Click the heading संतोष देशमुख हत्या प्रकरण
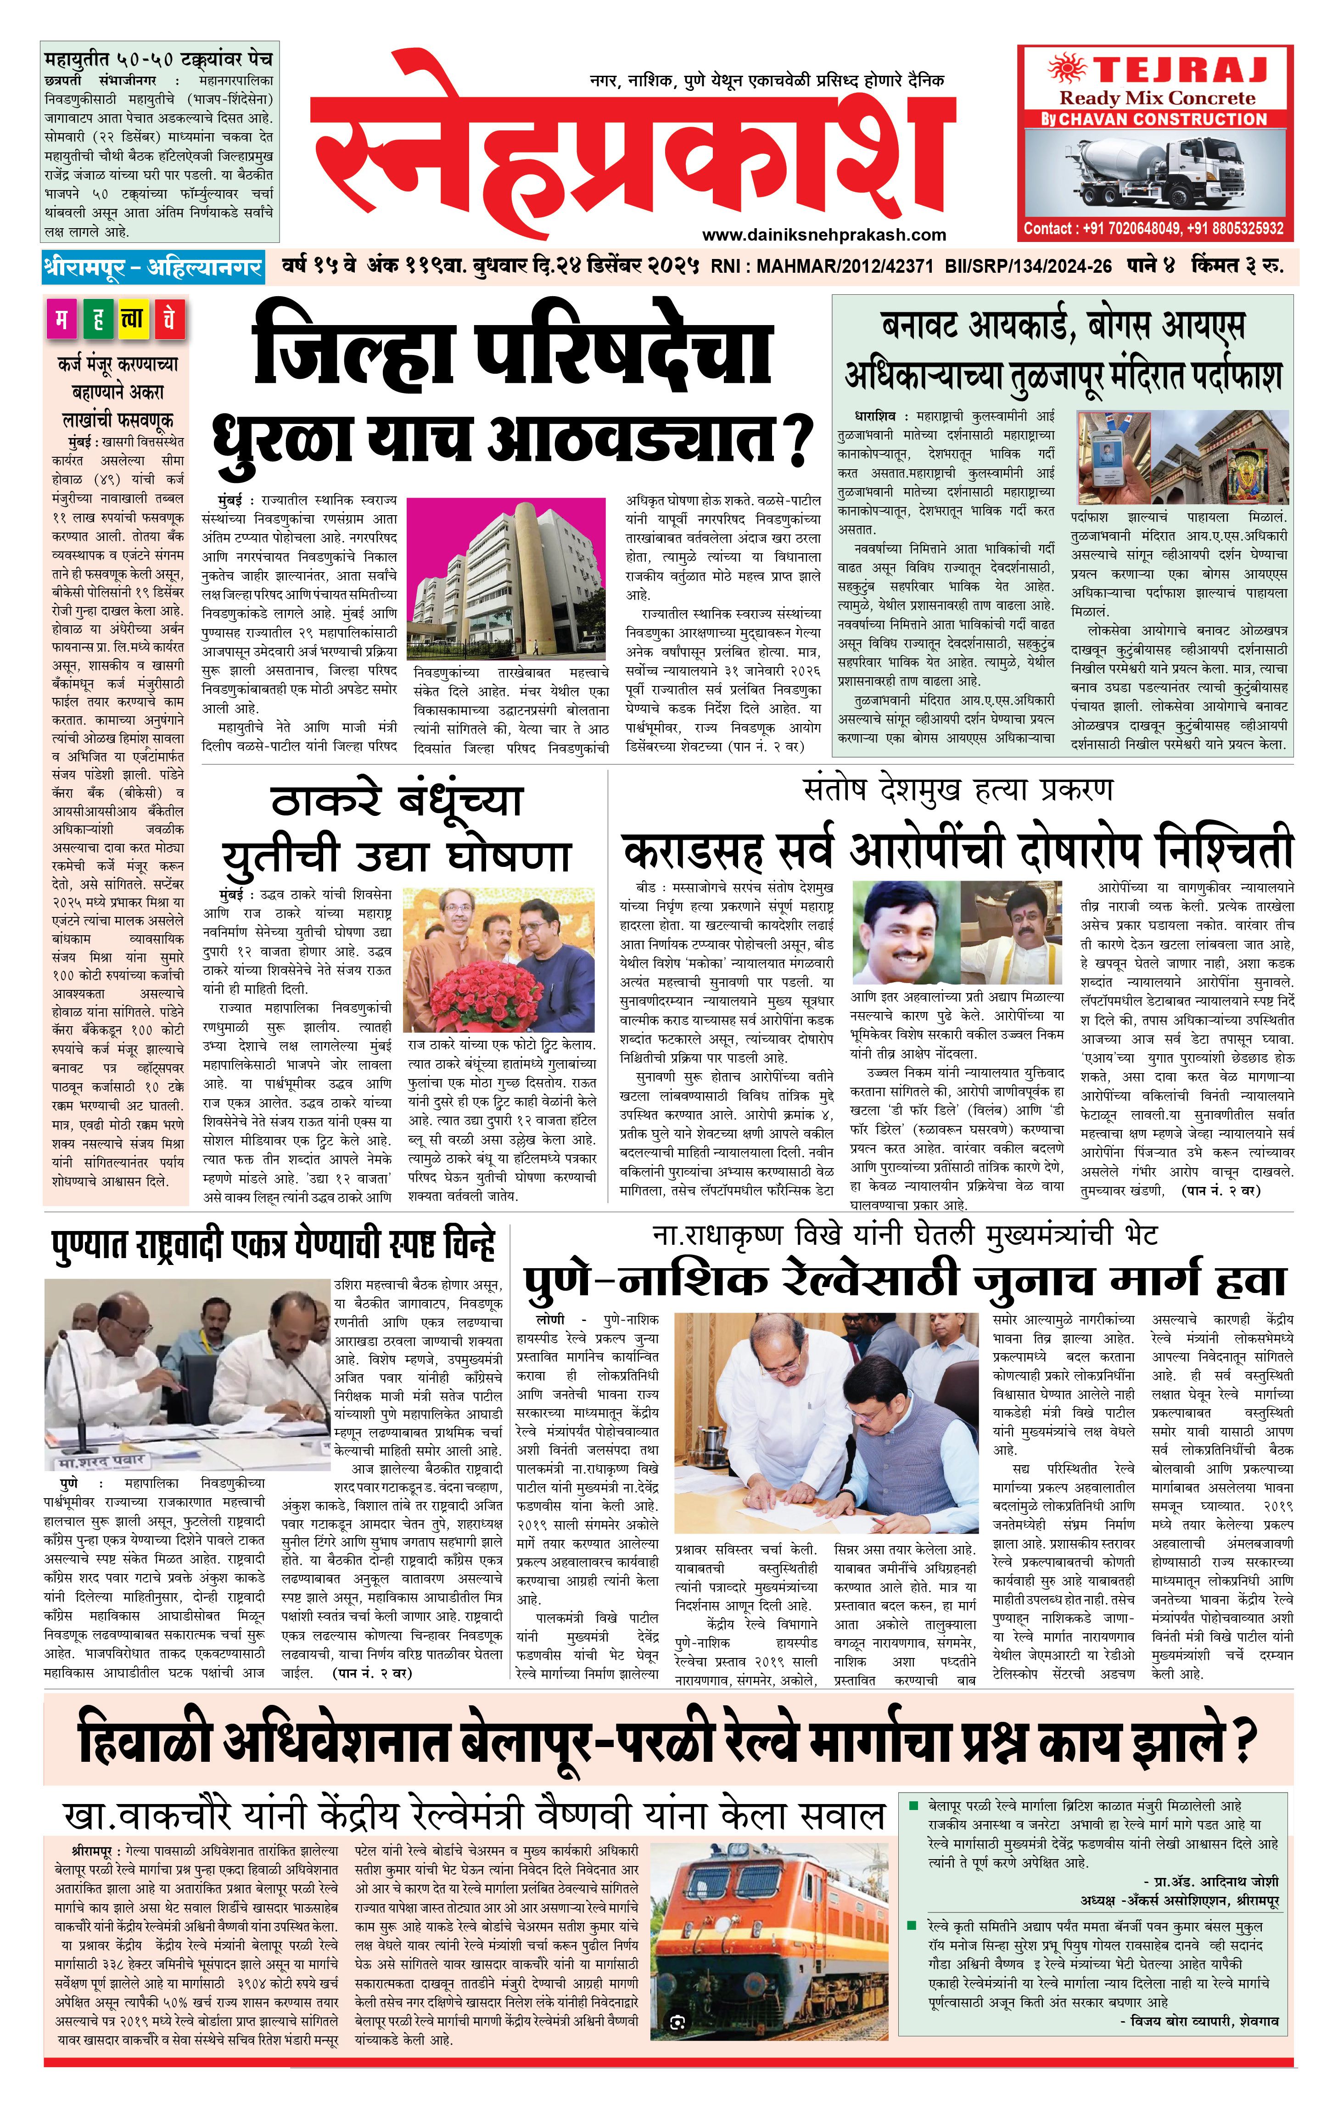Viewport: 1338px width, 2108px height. point(958,791)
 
